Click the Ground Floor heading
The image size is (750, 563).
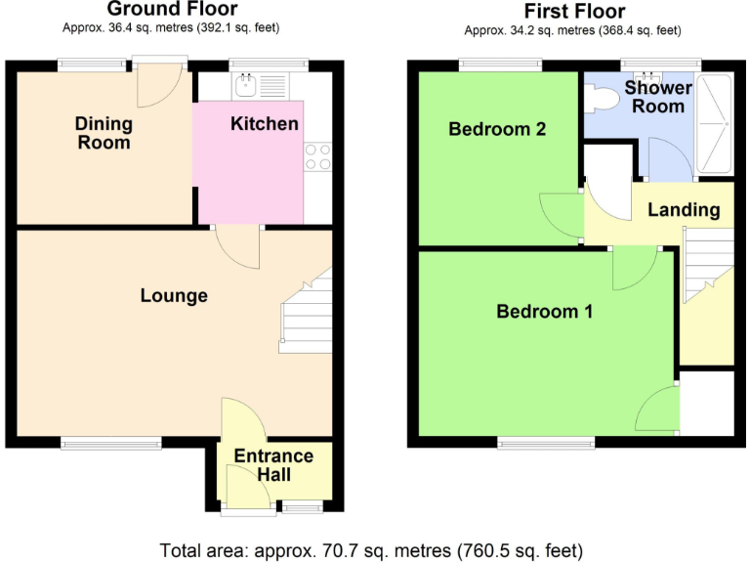(172, 10)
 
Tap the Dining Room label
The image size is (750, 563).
(104, 133)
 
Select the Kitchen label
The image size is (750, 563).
(264, 124)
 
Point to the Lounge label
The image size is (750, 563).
(174, 295)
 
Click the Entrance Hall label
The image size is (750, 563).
(273, 465)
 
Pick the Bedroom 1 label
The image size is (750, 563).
(544, 312)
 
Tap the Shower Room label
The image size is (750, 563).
(657, 97)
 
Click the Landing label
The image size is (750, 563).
(684, 209)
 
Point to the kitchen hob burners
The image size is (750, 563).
(318, 157)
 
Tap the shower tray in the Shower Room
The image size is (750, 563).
(718, 125)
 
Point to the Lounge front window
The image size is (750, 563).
(111, 443)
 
